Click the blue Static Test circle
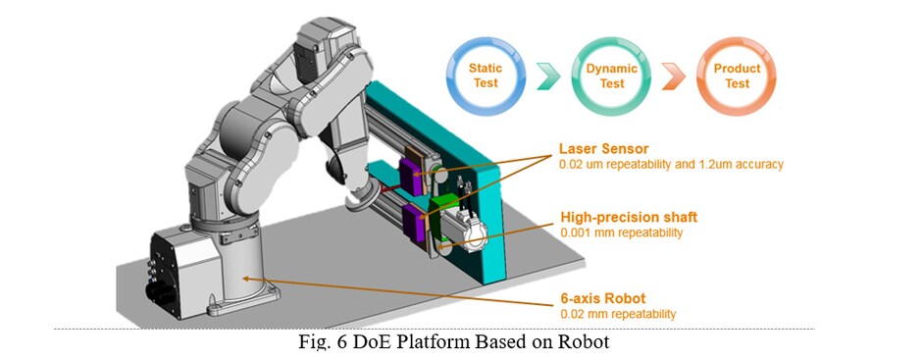point(484,77)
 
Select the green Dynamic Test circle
point(612,77)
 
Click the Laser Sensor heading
point(603,149)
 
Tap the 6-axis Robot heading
point(602,298)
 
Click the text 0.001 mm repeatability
point(622,233)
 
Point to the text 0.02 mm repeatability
point(618,314)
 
